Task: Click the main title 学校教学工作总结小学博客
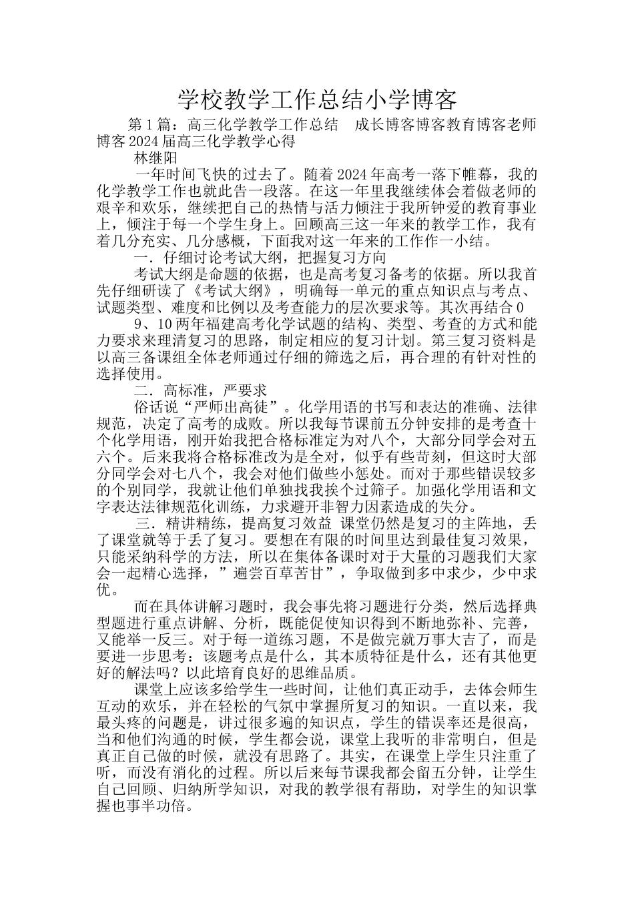tap(317, 100)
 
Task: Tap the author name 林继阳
tap(155, 159)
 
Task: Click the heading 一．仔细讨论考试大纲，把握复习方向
tap(260, 257)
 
